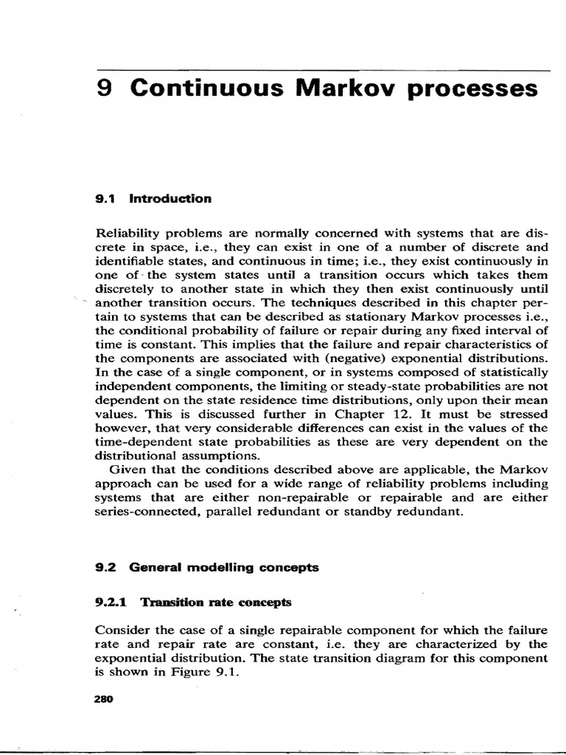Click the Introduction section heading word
[170, 198]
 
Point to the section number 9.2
[108, 567]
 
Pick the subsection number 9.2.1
[112, 602]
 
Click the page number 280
[103, 699]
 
